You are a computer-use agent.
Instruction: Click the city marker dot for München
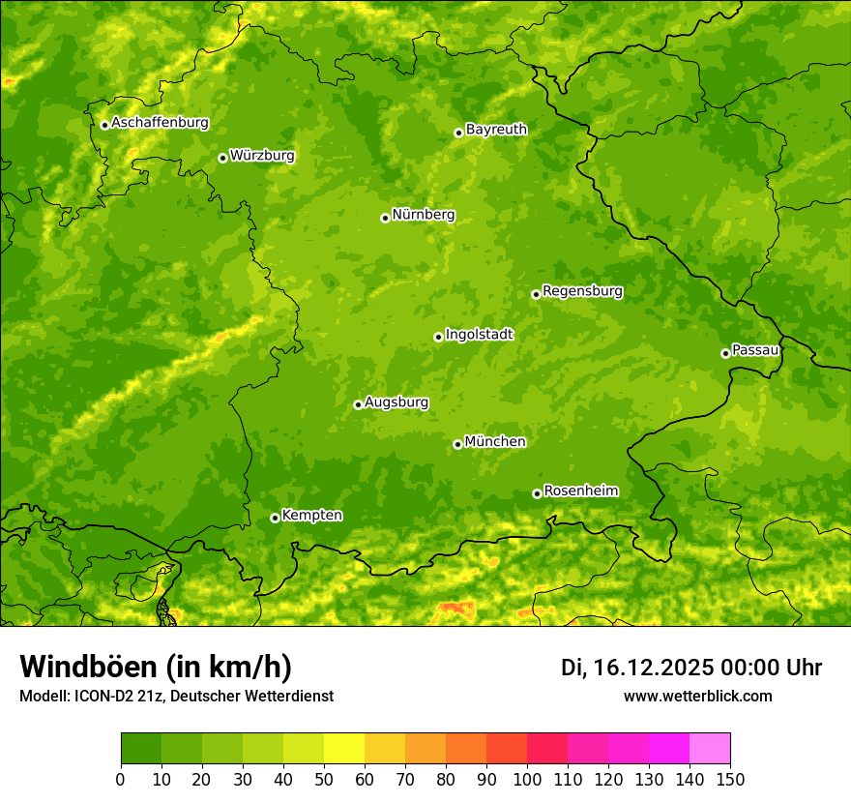pos(457,444)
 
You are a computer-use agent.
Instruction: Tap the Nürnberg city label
pos(424,215)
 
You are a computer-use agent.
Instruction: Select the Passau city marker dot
pos(725,353)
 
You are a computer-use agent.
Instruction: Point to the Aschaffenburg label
pos(160,123)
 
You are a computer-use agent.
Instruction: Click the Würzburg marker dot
pos(222,158)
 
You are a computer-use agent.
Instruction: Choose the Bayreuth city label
pos(496,130)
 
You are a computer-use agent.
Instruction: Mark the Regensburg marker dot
pos(536,294)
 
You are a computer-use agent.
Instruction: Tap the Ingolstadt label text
pos(479,335)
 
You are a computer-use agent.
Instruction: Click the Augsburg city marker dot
pos(358,404)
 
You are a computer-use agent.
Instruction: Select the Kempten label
pos(311,516)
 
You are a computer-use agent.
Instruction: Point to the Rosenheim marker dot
pos(537,493)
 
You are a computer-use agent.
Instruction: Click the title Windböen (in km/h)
pos(155,667)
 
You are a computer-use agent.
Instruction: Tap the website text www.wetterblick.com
pos(697,697)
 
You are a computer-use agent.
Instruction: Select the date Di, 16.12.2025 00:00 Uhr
pos(691,668)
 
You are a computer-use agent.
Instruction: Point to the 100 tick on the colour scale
pos(527,779)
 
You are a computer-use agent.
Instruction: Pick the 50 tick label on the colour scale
pos(324,779)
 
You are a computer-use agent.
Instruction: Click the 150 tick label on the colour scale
pos(730,779)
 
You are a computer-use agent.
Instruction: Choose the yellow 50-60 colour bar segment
pos(344,748)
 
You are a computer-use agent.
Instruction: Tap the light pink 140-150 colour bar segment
pos(710,748)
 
